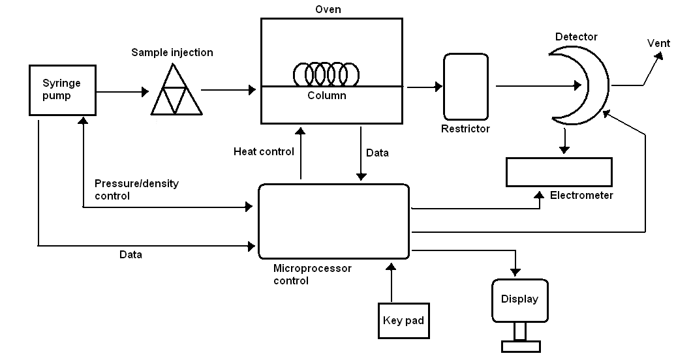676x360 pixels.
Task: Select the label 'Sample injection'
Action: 172,52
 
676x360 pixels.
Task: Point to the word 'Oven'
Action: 328,10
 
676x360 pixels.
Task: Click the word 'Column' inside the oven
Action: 327,96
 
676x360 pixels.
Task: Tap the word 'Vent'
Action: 658,43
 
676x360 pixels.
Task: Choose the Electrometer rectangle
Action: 559,172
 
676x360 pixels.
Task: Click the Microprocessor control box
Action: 334,221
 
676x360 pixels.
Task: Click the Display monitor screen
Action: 520,300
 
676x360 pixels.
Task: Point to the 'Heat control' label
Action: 264,152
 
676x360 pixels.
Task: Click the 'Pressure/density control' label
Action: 136,190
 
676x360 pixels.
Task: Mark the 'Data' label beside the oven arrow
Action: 377,153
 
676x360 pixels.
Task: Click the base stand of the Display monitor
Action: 519,345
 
